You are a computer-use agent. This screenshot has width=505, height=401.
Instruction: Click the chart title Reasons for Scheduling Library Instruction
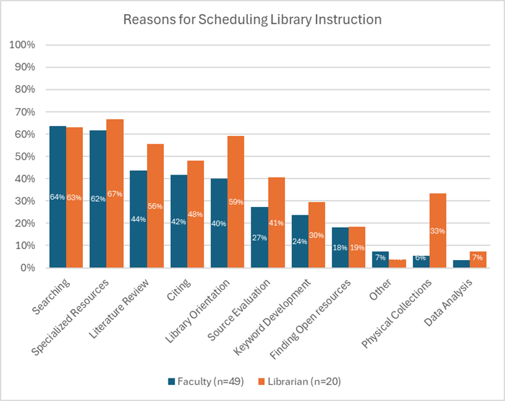[252, 19]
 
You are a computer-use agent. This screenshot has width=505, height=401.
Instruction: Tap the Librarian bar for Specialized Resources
[115, 193]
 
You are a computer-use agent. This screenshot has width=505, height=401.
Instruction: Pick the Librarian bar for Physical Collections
[438, 230]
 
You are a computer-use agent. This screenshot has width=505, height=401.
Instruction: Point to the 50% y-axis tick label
[24, 157]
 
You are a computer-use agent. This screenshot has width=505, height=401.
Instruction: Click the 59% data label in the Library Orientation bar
[236, 201]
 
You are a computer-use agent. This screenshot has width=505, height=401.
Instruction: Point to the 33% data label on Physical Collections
[438, 230]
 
